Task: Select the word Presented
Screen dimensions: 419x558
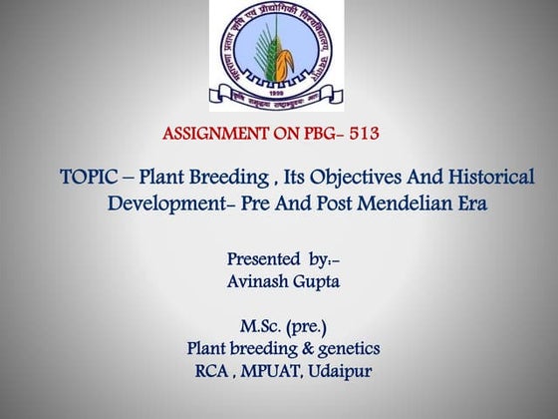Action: tap(261, 259)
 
